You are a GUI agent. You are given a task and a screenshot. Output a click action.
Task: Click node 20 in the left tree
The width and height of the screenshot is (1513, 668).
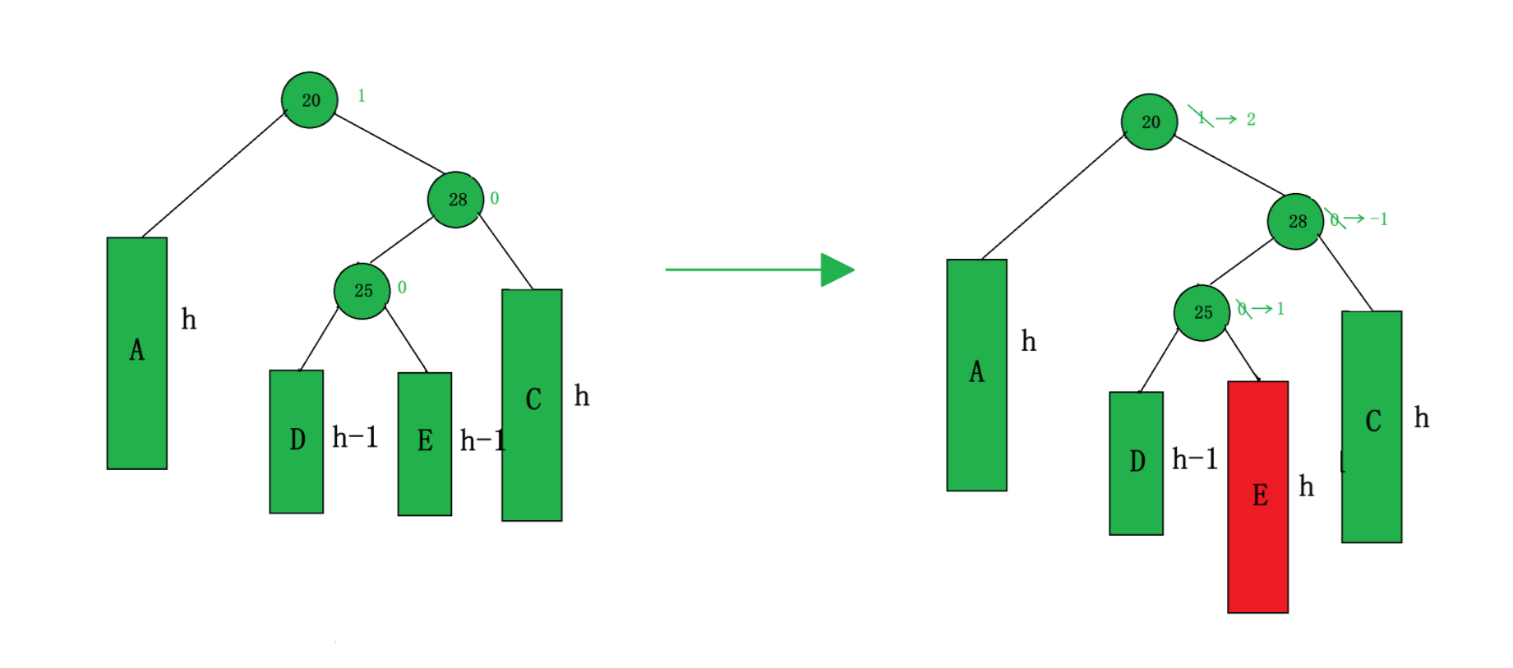(310, 100)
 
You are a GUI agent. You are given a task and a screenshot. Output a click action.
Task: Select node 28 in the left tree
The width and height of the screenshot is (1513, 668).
(456, 200)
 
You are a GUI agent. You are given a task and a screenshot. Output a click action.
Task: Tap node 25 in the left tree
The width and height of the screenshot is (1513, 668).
(362, 291)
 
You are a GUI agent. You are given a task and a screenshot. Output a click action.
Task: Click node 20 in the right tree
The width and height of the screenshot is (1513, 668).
(1150, 122)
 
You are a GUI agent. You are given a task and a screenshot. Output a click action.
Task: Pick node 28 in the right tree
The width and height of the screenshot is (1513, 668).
(1296, 221)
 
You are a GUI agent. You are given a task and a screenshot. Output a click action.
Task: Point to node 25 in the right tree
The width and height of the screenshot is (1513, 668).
(1202, 312)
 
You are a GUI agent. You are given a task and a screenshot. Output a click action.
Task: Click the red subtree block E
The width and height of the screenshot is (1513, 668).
(1257, 496)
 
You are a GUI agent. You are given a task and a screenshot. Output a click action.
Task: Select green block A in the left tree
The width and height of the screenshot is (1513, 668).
(137, 353)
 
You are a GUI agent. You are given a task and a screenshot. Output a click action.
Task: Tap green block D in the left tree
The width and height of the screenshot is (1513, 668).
(297, 441)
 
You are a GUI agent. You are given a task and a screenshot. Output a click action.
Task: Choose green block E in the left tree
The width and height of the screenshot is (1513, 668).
(425, 444)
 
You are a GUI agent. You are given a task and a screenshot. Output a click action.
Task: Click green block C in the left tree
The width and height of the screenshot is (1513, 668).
(532, 404)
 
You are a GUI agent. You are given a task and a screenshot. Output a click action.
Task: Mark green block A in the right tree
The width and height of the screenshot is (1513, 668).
(976, 375)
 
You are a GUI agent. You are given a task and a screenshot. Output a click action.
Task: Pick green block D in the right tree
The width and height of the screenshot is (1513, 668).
(1137, 463)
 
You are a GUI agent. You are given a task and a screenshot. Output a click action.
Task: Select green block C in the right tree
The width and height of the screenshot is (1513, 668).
(1372, 426)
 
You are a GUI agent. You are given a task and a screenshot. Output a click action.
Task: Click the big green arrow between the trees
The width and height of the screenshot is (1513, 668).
(760, 270)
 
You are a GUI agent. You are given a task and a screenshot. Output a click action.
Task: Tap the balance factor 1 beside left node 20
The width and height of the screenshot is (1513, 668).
(361, 96)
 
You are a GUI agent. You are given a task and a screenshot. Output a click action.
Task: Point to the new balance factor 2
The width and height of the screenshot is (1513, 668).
(1251, 119)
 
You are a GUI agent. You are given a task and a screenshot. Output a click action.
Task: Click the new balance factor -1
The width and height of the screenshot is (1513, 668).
(1379, 219)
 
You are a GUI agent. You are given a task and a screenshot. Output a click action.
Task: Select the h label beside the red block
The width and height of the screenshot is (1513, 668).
(1306, 486)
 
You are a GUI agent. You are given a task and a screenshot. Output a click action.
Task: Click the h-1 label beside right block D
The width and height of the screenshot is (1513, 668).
(1194, 459)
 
